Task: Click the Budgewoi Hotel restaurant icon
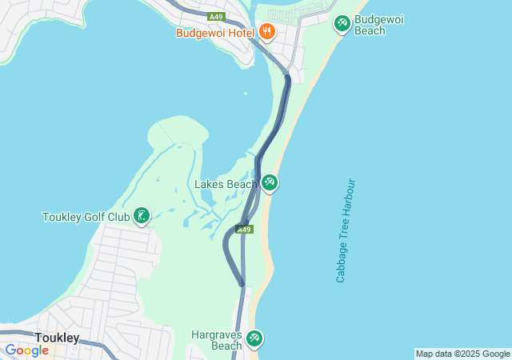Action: click(x=266, y=32)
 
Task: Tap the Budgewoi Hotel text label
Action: click(x=215, y=33)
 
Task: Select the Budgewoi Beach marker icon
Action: click(x=342, y=24)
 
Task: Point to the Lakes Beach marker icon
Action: click(x=270, y=183)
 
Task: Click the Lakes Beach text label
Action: click(x=226, y=184)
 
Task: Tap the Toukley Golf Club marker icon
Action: click(x=142, y=215)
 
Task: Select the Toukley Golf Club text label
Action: click(x=86, y=217)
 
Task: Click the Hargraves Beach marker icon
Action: click(x=254, y=339)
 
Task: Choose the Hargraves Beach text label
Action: click(x=216, y=340)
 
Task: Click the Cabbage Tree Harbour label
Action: click(x=345, y=230)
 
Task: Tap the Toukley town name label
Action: click(x=57, y=338)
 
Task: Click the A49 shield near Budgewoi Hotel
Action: click(x=215, y=16)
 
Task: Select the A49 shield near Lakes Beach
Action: click(x=245, y=230)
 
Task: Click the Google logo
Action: click(x=26, y=350)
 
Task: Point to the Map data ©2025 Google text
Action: click(x=462, y=354)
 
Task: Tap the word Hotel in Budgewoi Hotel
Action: click(x=238, y=33)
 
